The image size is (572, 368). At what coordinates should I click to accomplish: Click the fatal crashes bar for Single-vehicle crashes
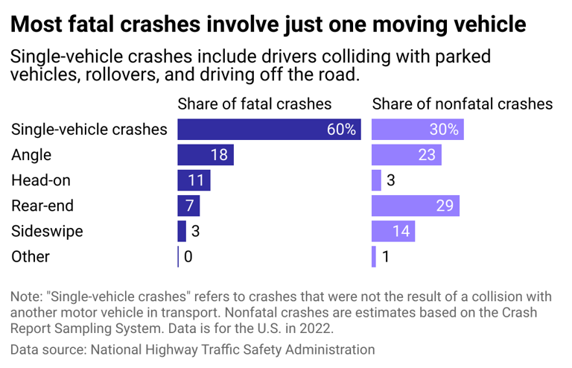click(269, 130)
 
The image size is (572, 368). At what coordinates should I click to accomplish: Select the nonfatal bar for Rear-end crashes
click(415, 206)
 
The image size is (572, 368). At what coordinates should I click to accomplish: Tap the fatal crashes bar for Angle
click(205, 155)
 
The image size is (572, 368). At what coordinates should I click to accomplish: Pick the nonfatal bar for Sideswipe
click(393, 231)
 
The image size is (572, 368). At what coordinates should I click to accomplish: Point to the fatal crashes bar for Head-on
click(194, 180)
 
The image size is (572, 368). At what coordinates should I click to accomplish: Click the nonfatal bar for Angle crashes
click(406, 155)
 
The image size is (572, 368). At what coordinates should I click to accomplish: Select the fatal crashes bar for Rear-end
click(188, 206)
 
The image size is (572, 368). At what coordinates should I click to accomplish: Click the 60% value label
click(341, 130)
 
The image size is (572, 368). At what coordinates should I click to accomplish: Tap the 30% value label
click(444, 130)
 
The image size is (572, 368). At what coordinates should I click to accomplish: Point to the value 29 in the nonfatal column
click(444, 206)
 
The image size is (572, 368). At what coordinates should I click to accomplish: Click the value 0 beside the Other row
click(188, 256)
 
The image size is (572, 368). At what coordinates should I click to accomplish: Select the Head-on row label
click(42, 180)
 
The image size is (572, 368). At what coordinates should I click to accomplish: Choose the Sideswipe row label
click(47, 231)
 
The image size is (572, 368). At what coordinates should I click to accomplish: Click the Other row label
click(31, 256)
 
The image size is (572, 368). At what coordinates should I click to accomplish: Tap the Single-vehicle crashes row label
click(89, 130)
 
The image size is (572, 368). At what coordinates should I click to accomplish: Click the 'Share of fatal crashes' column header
click(254, 104)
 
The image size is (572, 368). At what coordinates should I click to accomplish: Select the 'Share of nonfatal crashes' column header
click(462, 104)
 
